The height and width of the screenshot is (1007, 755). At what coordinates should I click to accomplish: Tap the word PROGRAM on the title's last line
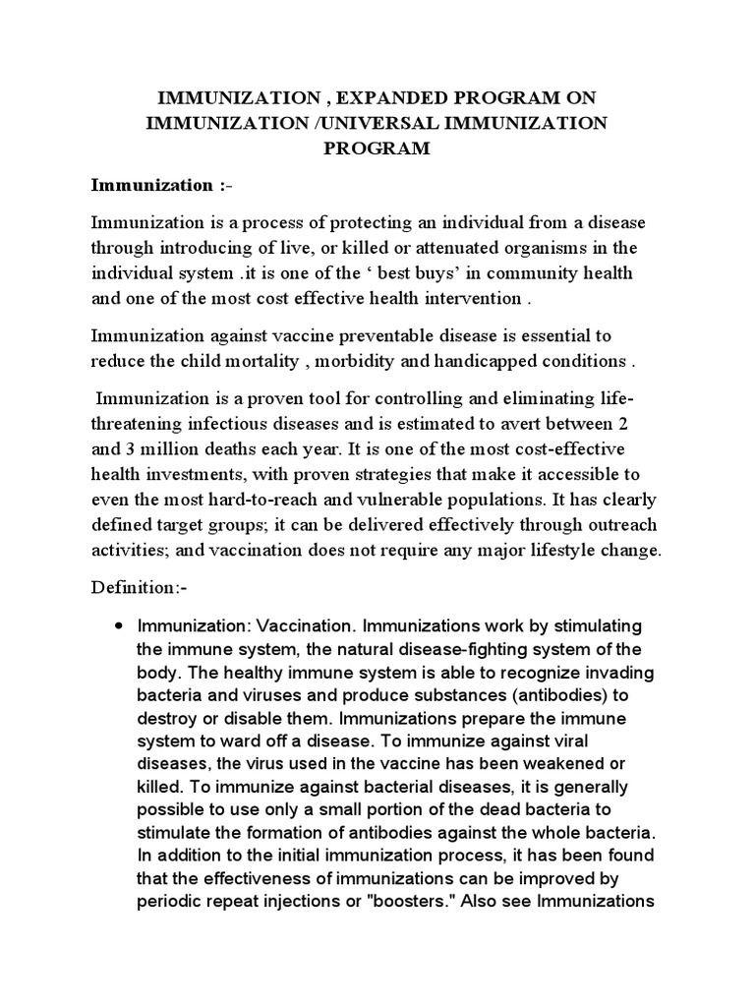377,149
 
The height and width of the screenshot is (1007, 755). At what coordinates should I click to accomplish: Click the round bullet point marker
119,626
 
